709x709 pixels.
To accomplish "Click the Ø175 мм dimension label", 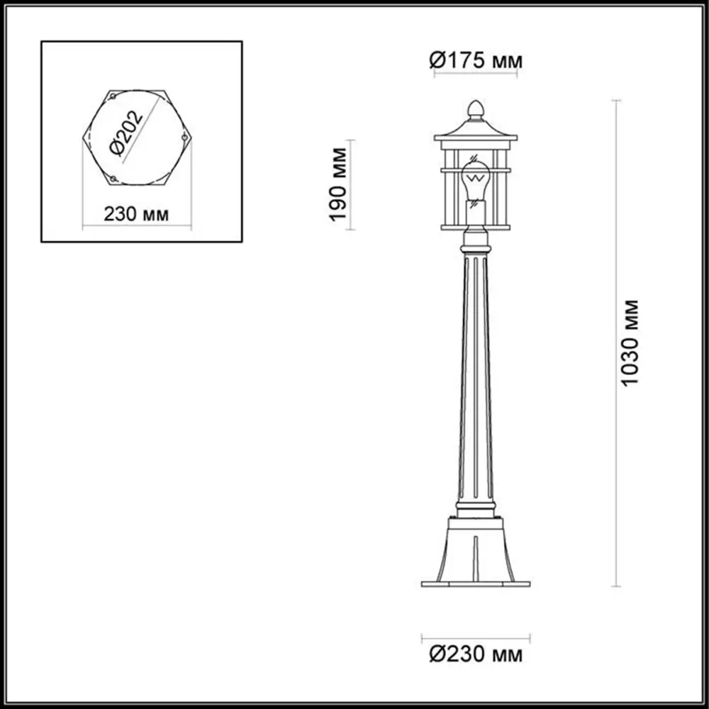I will (x=476, y=61).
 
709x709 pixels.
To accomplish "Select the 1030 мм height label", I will (x=630, y=343).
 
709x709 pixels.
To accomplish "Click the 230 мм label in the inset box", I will (x=136, y=214).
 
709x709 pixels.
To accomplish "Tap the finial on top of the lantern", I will (x=476, y=108).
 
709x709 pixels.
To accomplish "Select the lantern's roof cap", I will (x=476, y=128).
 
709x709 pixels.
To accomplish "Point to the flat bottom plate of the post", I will (x=476, y=584).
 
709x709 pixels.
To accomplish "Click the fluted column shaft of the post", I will (x=476, y=383).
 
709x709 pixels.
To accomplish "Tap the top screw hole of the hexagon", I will (x=112, y=96).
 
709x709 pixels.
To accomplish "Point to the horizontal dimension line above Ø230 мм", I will (x=476, y=635).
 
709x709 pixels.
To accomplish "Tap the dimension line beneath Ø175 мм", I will (x=476, y=75).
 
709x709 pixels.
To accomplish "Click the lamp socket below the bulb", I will (x=476, y=210).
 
